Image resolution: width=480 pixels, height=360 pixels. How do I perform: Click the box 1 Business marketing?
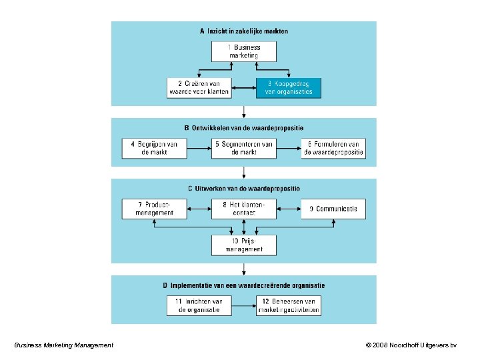click(x=244, y=51)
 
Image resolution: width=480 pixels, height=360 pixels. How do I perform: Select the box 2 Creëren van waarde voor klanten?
click(x=199, y=88)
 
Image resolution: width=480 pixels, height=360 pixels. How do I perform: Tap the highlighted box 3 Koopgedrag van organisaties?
click(x=289, y=88)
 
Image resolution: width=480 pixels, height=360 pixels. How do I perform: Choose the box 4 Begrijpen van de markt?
click(x=154, y=148)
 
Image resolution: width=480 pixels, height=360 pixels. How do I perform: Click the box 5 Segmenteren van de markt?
click(x=244, y=148)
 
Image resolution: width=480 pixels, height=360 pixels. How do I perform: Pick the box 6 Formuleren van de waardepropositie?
click(x=333, y=148)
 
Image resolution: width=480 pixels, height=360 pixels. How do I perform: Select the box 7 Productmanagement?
click(x=154, y=209)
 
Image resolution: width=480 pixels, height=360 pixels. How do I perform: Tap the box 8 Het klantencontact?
click(x=244, y=209)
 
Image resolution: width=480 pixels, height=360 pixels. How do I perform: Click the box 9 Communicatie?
click(x=333, y=209)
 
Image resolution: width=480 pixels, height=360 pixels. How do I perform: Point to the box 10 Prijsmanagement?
click(x=244, y=245)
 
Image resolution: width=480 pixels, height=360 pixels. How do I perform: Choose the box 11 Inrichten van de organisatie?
click(x=199, y=305)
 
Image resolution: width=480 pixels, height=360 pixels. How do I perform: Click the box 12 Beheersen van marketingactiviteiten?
click(x=289, y=305)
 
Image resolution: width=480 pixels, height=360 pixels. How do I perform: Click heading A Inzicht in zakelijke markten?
click(x=244, y=31)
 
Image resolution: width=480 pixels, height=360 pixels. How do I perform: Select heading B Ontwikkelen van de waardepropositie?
click(x=244, y=128)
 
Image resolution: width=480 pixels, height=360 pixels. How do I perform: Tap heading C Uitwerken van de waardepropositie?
click(x=244, y=189)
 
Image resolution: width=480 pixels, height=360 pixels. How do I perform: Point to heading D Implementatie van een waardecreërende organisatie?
click(x=244, y=285)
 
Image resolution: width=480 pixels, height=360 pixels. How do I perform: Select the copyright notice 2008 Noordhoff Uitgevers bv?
click(x=411, y=345)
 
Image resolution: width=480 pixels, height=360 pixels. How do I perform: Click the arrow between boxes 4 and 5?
click(x=199, y=148)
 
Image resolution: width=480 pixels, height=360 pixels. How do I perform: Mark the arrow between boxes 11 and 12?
click(x=243, y=305)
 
